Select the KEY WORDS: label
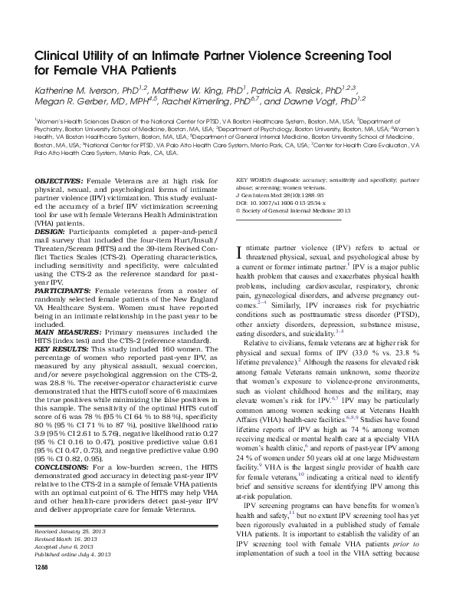[259, 179]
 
